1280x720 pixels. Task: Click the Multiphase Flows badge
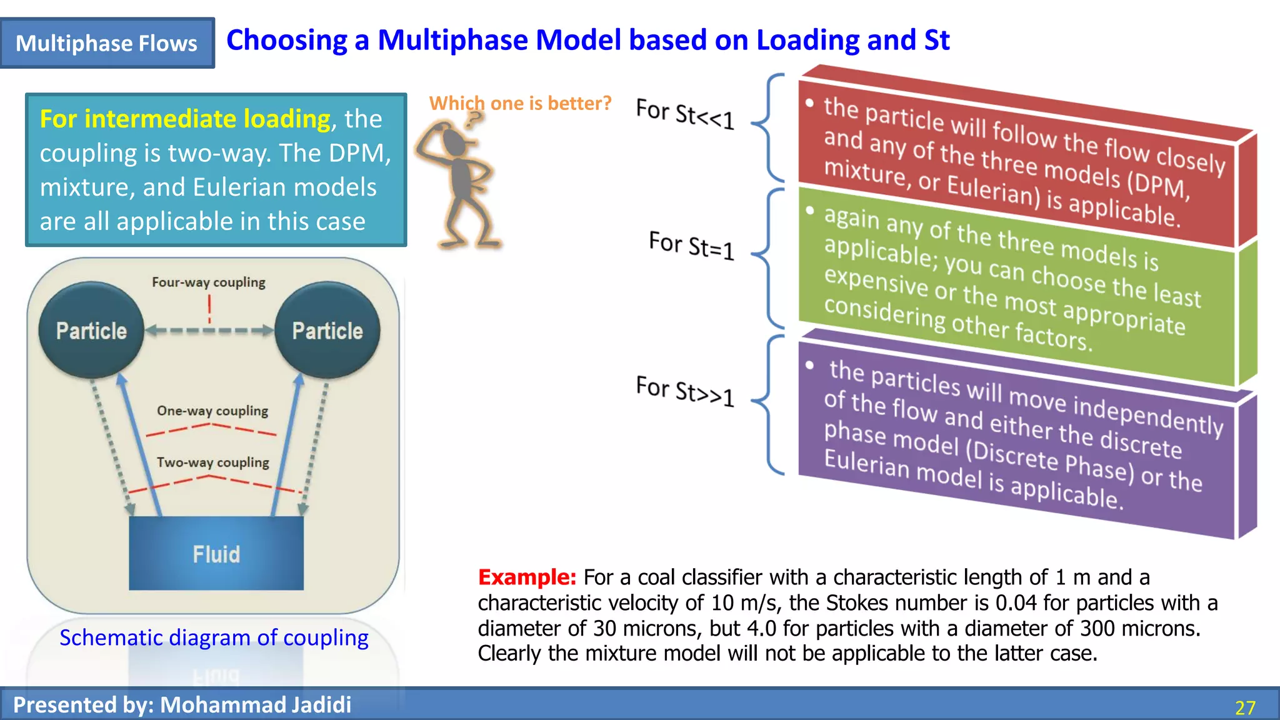[x=107, y=43]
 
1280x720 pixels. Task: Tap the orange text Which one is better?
[x=520, y=103]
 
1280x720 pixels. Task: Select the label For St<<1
[x=685, y=114]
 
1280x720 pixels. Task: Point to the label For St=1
[x=691, y=245]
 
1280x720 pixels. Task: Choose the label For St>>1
[x=685, y=391]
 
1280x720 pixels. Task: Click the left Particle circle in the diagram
[x=91, y=330]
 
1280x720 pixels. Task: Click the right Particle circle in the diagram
[x=327, y=330]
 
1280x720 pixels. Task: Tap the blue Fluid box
[x=216, y=553]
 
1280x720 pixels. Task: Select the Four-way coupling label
[x=209, y=282]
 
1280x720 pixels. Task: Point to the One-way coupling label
[x=212, y=411]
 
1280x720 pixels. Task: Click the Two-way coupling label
[x=212, y=462]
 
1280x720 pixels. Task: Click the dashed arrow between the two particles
[x=209, y=331]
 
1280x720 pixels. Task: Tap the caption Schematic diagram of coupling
[x=214, y=637]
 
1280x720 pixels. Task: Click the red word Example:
[x=527, y=577]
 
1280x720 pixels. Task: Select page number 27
[x=1245, y=707]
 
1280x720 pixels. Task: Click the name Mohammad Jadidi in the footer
[x=256, y=705]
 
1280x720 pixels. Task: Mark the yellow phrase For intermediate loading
[x=185, y=119]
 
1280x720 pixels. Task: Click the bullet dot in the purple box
[x=810, y=365]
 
